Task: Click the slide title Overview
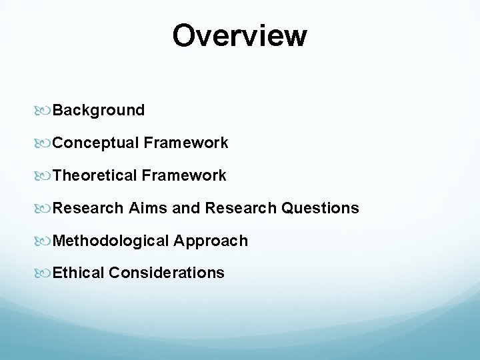[x=240, y=36]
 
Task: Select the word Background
[x=99, y=110]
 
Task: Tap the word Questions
[x=320, y=208]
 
